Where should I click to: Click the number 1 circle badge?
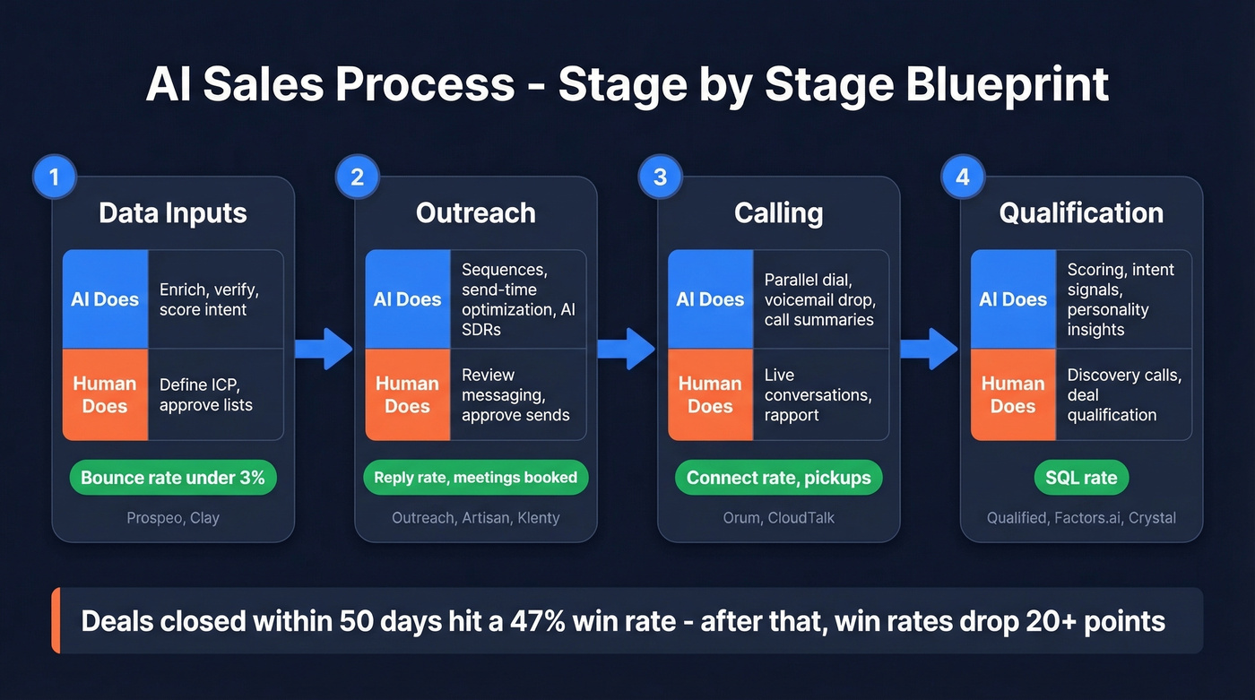pyautogui.click(x=54, y=177)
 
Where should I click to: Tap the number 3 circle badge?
pyautogui.click(x=660, y=177)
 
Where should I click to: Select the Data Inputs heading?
pyautogui.click(x=173, y=213)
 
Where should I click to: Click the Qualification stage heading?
pyautogui.click(x=1081, y=213)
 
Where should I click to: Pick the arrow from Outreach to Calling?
pyautogui.click(x=628, y=349)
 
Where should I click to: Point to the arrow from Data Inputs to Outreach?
pyautogui.click(x=325, y=349)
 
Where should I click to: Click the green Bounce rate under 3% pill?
pyautogui.click(x=173, y=478)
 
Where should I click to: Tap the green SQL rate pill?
pyautogui.click(x=1081, y=478)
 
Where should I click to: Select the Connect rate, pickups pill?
pyautogui.click(x=778, y=478)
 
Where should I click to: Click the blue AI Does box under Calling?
pyautogui.click(x=710, y=299)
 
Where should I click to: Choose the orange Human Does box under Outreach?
pyautogui.click(x=407, y=394)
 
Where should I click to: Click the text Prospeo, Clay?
pyautogui.click(x=173, y=518)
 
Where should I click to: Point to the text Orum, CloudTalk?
pyautogui.click(x=778, y=518)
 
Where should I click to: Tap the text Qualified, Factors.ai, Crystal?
pyautogui.click(x=1081, y=518)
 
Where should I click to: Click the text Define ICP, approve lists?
pyautogui.click(x=206, y=394)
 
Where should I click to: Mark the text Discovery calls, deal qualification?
pyautogui.click(x=1123, y=394)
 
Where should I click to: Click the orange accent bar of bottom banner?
pyautogui.click(x=56, y=620)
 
